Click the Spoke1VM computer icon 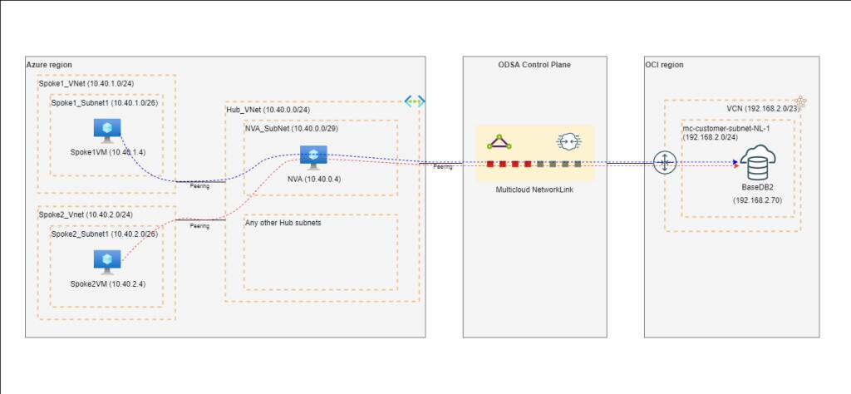pos(107,129)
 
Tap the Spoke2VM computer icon pos(107,261)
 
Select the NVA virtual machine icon pos(313,156)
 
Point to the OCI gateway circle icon pos(666,163)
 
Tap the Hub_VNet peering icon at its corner pos(414,101)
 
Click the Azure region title pos(49,64)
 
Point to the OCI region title pos(665,64)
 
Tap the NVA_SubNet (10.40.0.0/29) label pos(291,129)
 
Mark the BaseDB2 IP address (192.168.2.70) pos(755,200)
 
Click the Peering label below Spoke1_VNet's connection pos(199,186)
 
